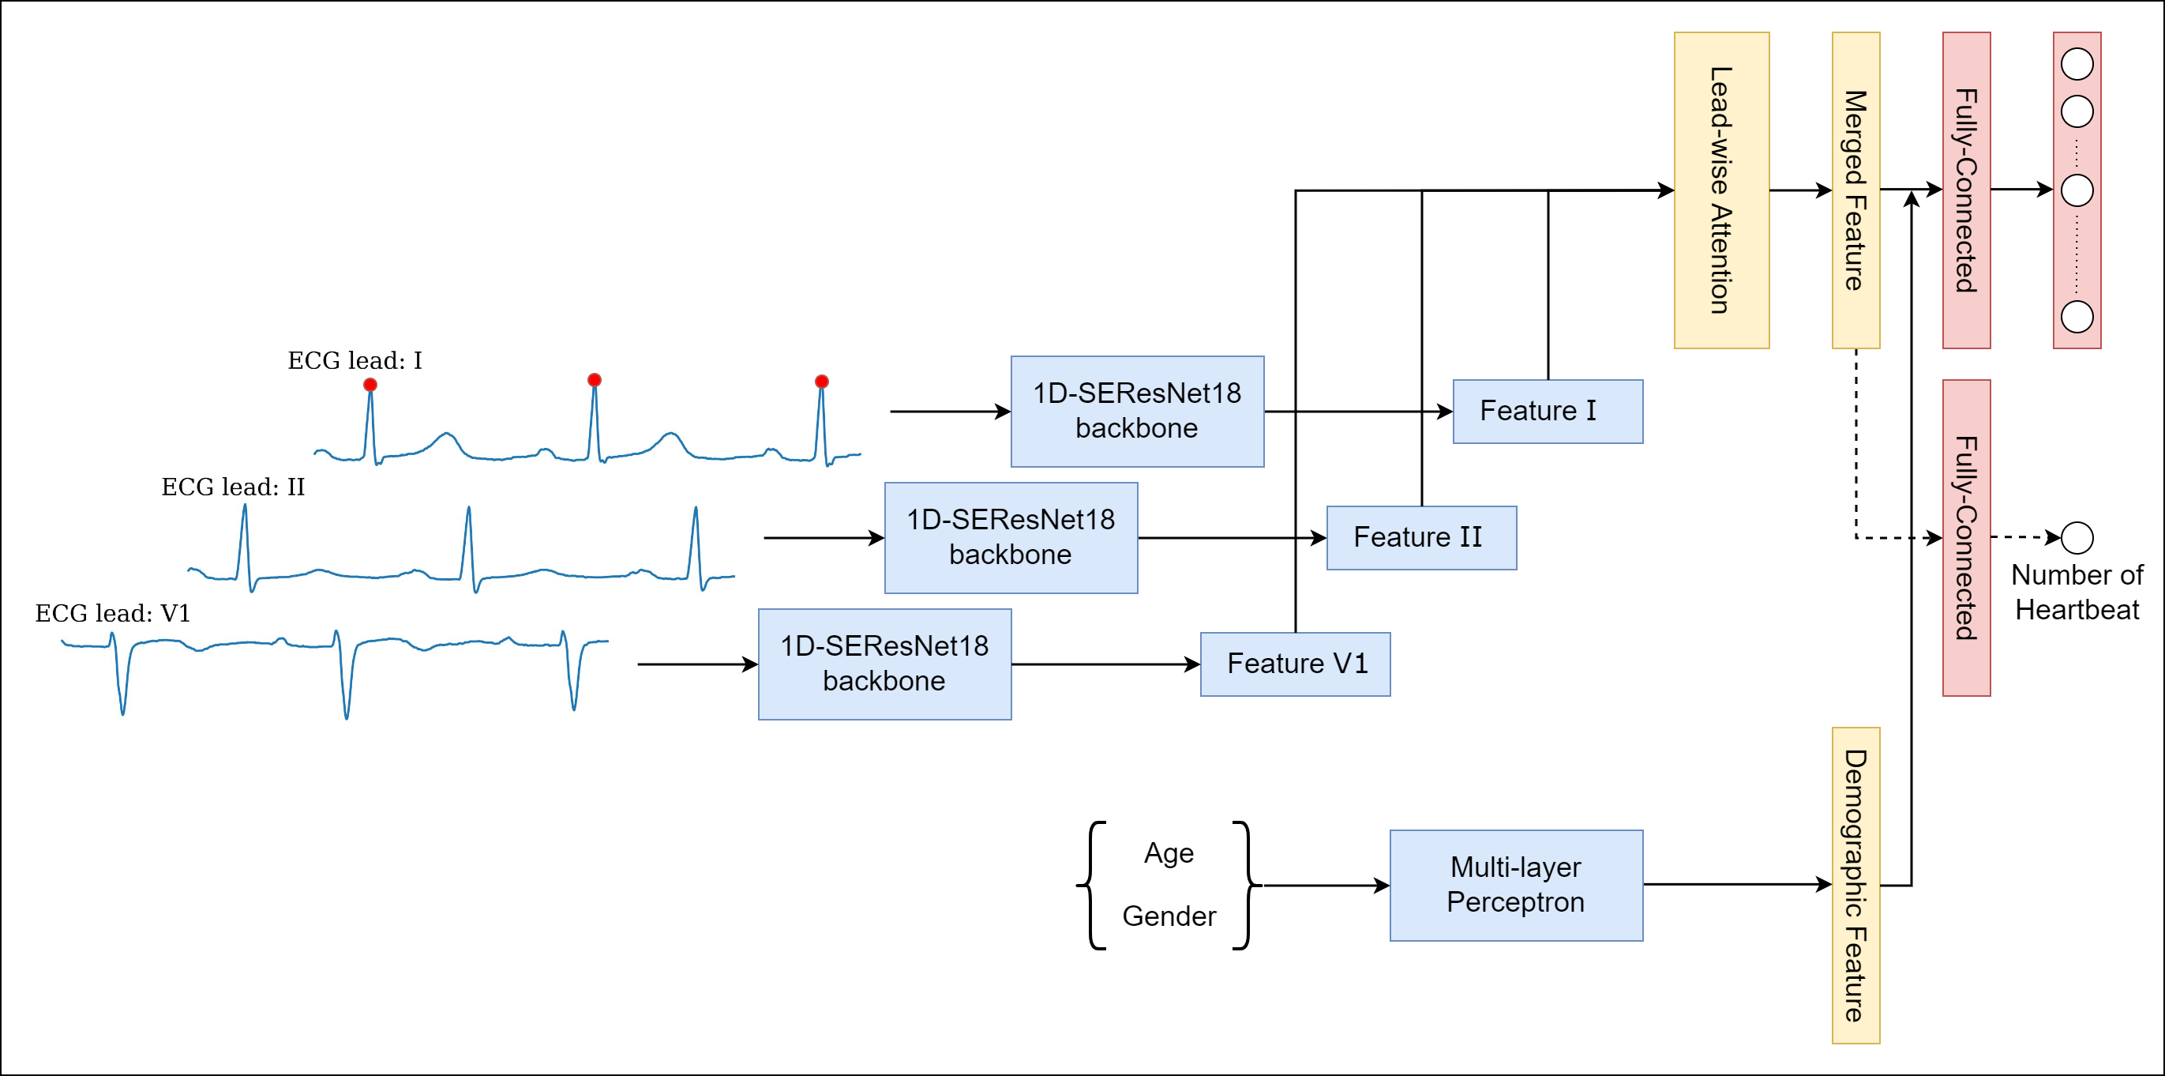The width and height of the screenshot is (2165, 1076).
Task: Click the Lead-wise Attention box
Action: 1720,190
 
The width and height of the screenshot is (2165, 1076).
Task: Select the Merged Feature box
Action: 1855,190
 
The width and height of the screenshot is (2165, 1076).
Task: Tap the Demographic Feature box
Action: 1855,884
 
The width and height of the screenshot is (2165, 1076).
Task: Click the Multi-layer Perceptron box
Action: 1515,884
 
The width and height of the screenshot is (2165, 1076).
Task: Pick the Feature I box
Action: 1548,411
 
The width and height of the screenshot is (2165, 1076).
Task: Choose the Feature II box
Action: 1420,537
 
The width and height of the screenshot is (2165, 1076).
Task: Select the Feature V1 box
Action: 1294,664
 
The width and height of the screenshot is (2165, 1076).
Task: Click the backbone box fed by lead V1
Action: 884,664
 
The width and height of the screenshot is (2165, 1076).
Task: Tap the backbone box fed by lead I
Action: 1136,411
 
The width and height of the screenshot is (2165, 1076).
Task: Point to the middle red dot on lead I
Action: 595,380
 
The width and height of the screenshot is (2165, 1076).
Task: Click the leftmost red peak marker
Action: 370,384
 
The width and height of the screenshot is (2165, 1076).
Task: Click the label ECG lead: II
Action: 233,487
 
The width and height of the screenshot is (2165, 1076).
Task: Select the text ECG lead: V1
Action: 113,613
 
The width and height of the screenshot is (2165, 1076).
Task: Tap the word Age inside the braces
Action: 1169,852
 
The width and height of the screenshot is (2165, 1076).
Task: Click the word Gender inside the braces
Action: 1169,916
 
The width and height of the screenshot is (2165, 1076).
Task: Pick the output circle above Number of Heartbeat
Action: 2077,537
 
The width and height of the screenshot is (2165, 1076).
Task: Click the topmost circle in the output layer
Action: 2077,64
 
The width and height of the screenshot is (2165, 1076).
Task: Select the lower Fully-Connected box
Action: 1966,537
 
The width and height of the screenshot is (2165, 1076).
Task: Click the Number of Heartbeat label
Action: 2077,592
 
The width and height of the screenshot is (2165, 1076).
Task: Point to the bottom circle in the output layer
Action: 2077,317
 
